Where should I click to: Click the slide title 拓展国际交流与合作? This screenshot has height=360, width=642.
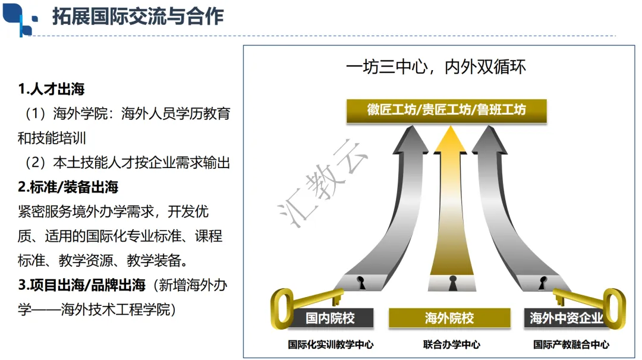pos(138,17)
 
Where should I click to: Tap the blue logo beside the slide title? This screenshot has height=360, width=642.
pos(20,19)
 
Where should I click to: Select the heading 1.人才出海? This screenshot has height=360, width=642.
pos(51,89)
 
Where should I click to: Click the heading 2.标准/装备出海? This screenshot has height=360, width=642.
pos(68,187)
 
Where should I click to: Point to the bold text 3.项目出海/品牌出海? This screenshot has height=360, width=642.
pos(81,285)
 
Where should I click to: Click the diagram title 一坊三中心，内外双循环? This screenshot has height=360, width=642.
pos(436,67)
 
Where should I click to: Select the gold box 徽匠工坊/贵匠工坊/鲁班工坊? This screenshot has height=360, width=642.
pos(446,110)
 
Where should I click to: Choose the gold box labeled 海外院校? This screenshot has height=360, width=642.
pos(449,318)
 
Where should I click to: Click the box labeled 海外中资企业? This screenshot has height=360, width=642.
pos(567,318)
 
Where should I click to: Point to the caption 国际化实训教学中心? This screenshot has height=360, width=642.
pos(331,345)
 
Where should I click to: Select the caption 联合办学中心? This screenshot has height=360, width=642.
pos(452,345)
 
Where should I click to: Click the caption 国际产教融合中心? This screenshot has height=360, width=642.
pos(571,345)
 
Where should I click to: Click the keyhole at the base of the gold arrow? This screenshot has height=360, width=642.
pos(452,283)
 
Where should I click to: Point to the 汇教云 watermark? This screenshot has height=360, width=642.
pos(322,184)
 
